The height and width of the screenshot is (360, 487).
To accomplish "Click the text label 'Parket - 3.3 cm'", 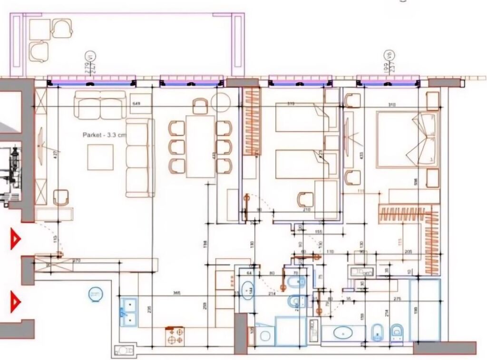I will point(104,135).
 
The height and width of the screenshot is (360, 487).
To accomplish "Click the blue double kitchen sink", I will point(128,311).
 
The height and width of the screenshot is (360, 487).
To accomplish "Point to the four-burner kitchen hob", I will point(175,336).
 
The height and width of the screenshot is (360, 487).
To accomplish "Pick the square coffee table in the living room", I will point(100,157).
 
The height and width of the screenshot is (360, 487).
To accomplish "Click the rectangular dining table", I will point(201,146).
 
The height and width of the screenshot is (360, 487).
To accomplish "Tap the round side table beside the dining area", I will point(221,102).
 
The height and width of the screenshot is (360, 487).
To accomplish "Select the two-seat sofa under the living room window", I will point(100,106).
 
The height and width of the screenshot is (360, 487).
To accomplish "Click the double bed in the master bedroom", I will point(406,139).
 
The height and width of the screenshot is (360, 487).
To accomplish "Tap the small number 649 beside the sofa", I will point(137,103).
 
